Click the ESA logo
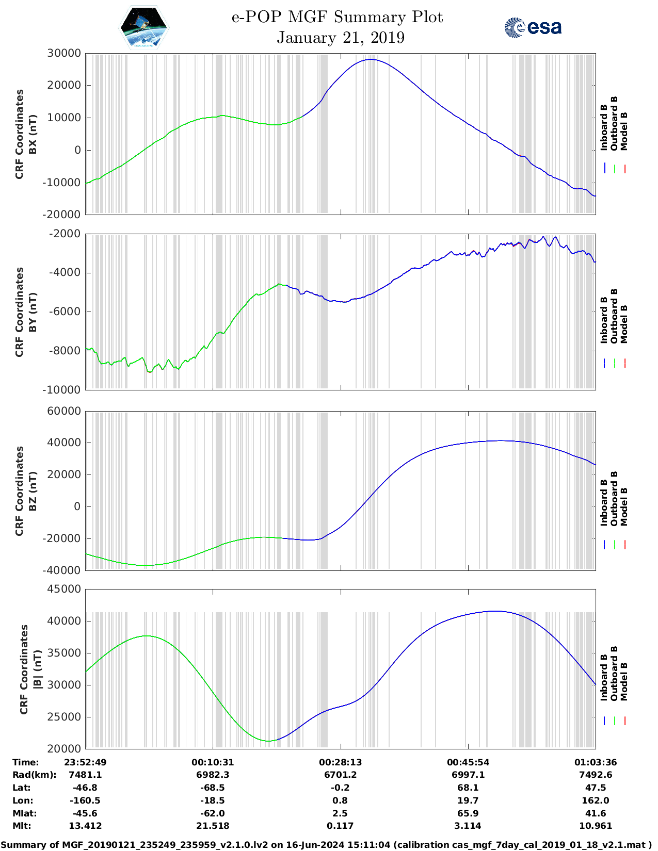click(533, 27)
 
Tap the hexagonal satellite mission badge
click(143, 28)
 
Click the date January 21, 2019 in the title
click(340, 38)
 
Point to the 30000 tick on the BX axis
click(63, 53)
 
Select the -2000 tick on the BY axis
click(65, 234)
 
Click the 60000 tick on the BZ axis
click(63, 411)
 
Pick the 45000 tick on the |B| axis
click(63, 589)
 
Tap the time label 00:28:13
click(340, 762)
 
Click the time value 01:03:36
click(596, 762)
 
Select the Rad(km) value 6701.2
click(340, 775)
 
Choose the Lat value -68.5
click(213, 788)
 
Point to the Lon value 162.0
click(596, 800)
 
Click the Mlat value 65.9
click(468, 813)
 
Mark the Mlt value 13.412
click(85, 826)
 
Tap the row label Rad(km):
click(34, 775)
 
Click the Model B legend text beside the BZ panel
click(624, 506)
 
